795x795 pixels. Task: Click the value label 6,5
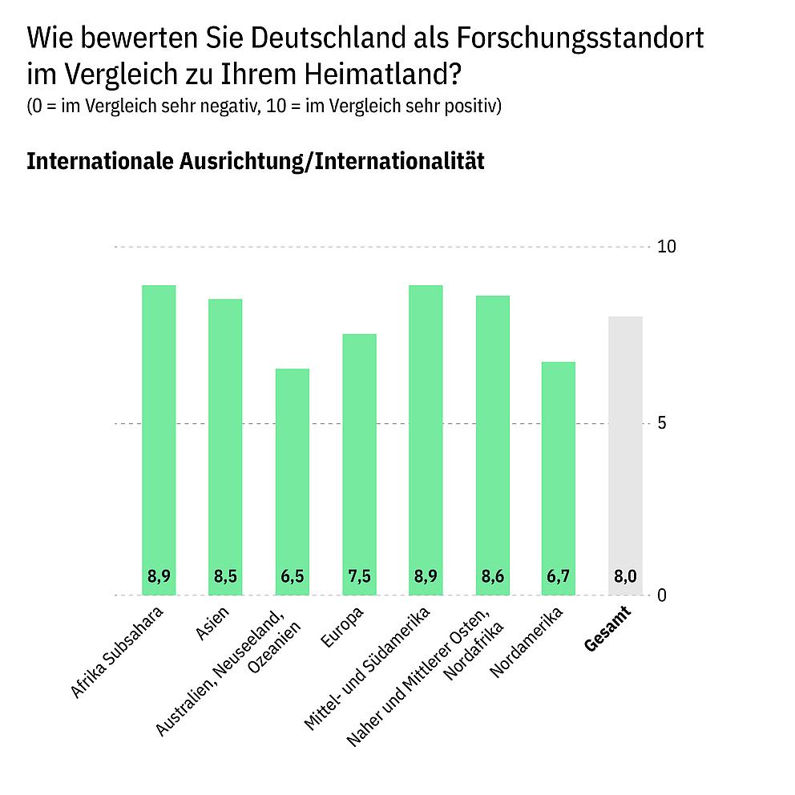[293, 576]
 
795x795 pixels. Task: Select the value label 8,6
[492, 576]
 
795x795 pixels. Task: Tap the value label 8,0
[625, 576]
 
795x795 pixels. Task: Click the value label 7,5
[359, 576]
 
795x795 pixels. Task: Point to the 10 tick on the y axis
[667, 247]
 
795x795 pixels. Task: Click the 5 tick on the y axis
[662, 423]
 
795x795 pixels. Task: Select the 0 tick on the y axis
[662, 595]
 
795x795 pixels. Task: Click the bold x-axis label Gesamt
[608, 629]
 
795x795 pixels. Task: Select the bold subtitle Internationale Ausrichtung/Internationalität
[256, 160]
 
